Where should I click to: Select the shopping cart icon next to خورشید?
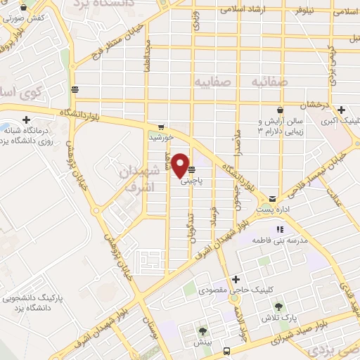point(162,127)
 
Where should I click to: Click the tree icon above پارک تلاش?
point(278,307)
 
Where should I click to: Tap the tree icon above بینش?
point(203,330)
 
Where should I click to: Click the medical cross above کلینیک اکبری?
point(341,110)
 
